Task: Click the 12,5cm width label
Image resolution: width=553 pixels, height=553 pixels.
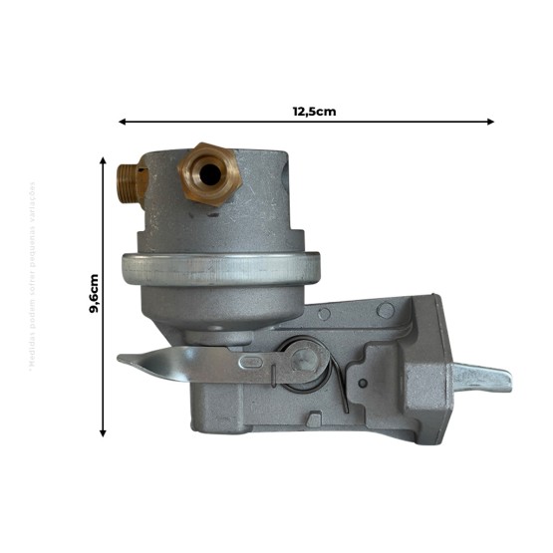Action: click(x=314, y=111)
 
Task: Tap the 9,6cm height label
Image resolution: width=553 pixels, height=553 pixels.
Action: click(x=93, y=294)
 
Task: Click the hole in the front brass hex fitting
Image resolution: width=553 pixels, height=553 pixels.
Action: click(x=209, y=173)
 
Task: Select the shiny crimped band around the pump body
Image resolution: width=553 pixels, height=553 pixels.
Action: click(x=219, y=267)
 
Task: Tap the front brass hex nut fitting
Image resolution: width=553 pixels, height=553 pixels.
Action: click(x=207, y=174)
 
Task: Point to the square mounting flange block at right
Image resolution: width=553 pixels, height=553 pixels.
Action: click(x=428, y=374)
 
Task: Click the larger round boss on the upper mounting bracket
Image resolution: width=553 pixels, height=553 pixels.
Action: click(x=385, y=311)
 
